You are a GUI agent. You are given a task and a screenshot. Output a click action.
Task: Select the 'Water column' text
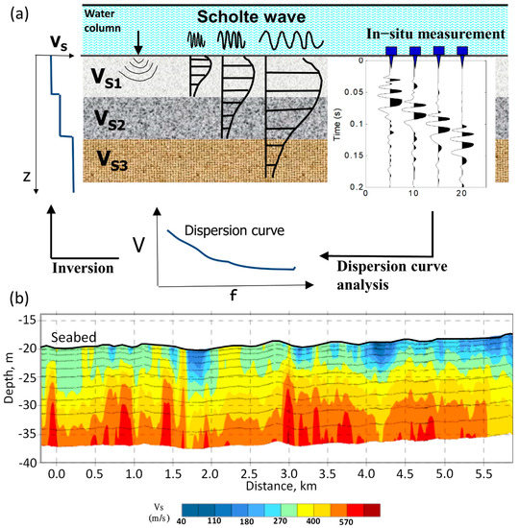[105, 20]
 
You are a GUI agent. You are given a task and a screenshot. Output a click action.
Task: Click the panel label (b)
[16, 298]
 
